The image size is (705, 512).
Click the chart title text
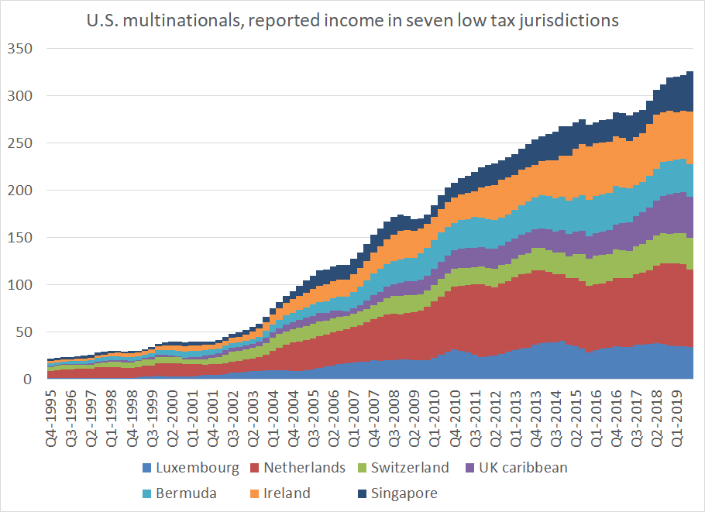353,21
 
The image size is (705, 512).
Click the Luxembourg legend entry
190,468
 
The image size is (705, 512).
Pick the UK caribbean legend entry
521,468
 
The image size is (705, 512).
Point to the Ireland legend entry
286,493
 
